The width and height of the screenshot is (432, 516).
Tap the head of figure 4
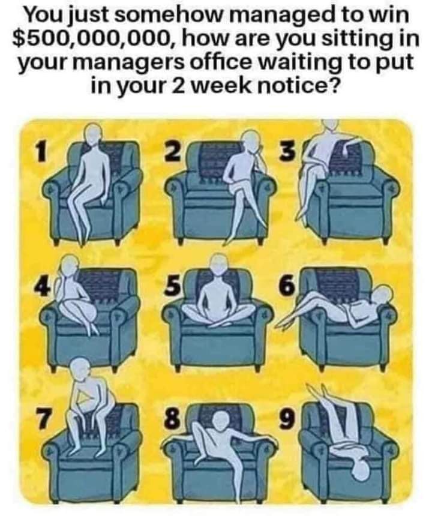pyautogui.click(x=68, y=265)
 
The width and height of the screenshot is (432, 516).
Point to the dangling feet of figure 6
pyautogui.click(x=281, y=323)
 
